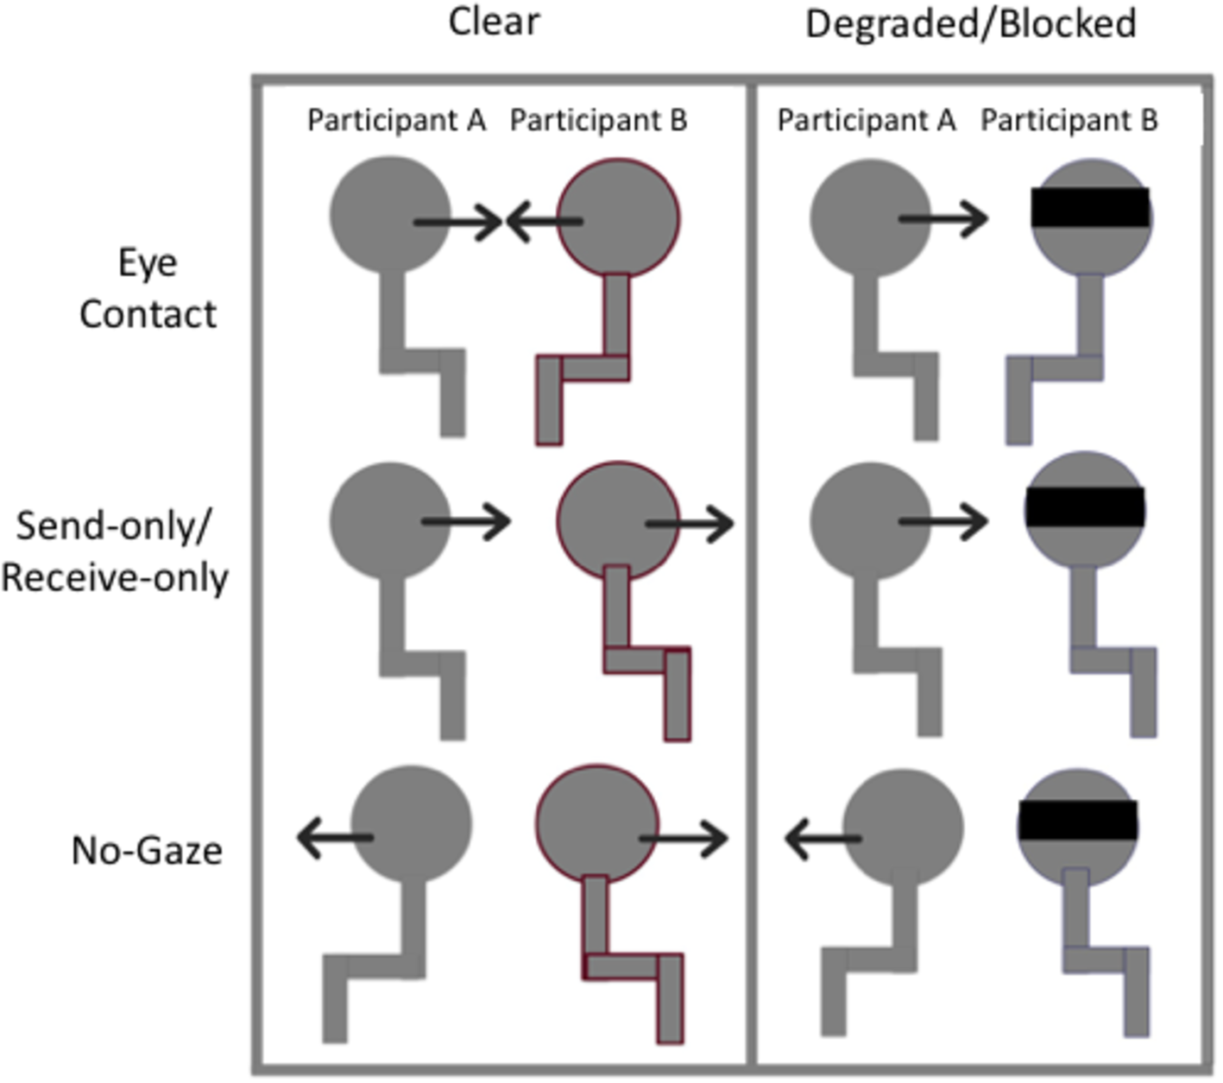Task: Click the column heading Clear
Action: click(494, 22)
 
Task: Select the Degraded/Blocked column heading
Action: click(970, 24)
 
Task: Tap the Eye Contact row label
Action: click(148, 288)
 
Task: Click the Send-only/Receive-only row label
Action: click(115, 551)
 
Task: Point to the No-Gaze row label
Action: click(147, 851)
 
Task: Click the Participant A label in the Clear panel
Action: click(396, 120)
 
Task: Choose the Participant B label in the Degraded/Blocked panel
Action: click(1069, 120)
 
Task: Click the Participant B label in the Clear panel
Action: click(598, 120)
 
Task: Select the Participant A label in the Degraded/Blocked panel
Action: click(866, 120)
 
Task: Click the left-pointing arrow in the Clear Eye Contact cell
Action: click(544, 221)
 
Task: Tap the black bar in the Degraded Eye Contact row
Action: click(1091, 208)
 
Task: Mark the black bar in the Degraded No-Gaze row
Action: click(1078, 820)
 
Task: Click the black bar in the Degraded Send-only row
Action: click(1085, 507)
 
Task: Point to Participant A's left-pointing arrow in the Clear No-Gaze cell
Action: click(335, 837)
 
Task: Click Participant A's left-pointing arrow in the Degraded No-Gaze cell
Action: click(823, 838)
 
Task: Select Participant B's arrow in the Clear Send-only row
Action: click(690, 524)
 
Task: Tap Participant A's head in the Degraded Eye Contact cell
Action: click(870, 217)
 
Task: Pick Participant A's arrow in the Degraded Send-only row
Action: click(942, 521)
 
